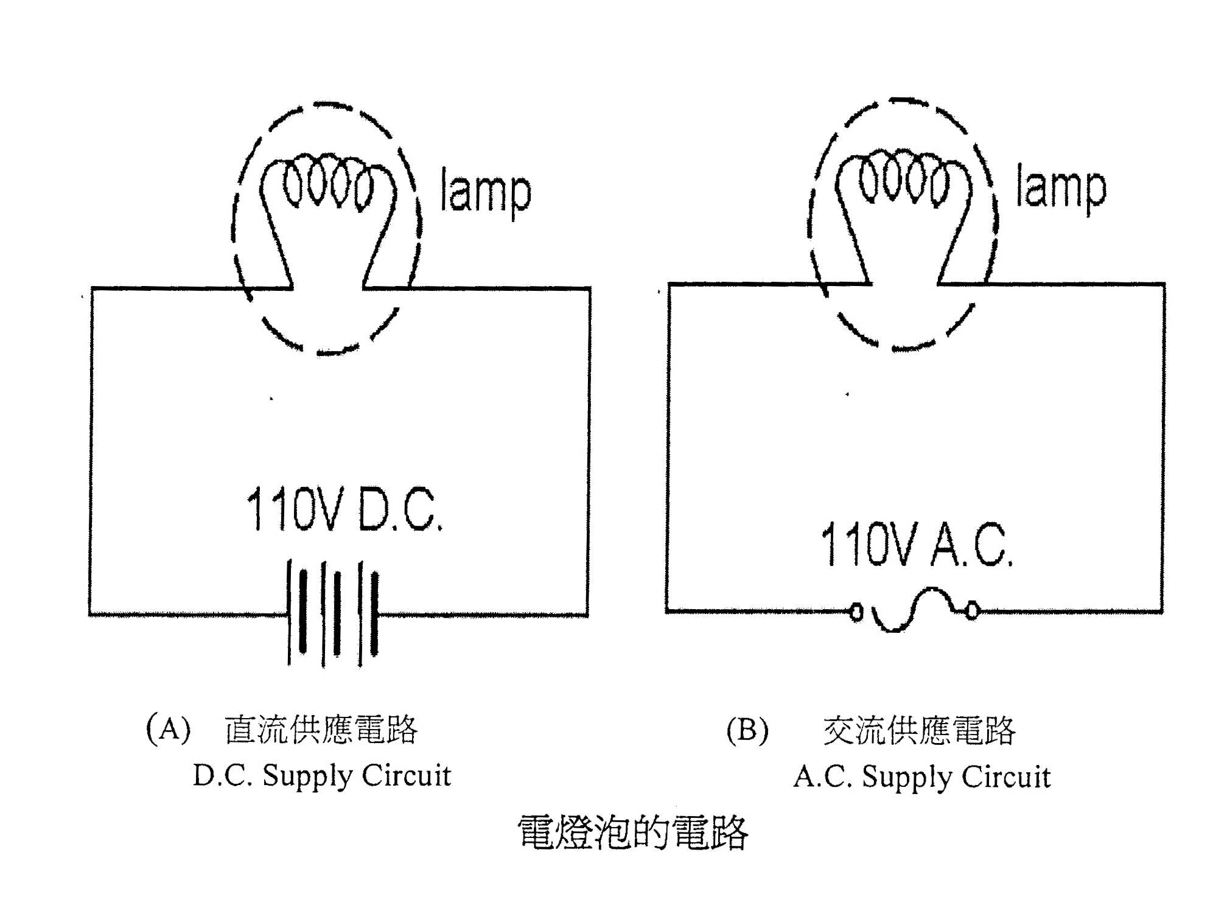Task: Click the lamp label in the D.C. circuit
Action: tap(485, 192)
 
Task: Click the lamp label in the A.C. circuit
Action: tap(1060, 188)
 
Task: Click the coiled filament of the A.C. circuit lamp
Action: tap(903, 177)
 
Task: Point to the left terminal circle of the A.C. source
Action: tap(856, 611)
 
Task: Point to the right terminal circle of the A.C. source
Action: tap(972, 610)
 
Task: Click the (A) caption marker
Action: tap(169, 728)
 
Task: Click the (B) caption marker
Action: tap(747, 730)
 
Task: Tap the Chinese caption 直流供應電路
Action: tap(321, 730)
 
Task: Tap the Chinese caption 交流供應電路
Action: tap(919, 731)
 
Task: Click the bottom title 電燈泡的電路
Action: tap(632, 832)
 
